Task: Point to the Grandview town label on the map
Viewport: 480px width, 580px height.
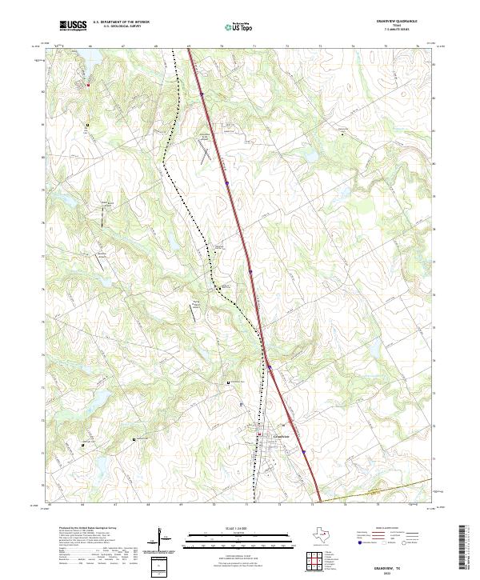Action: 280,436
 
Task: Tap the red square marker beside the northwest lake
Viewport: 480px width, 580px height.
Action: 88,84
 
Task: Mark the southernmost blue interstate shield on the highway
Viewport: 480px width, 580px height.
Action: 305,451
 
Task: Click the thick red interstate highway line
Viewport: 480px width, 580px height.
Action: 240,232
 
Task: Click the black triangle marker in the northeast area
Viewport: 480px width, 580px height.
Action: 344,134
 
